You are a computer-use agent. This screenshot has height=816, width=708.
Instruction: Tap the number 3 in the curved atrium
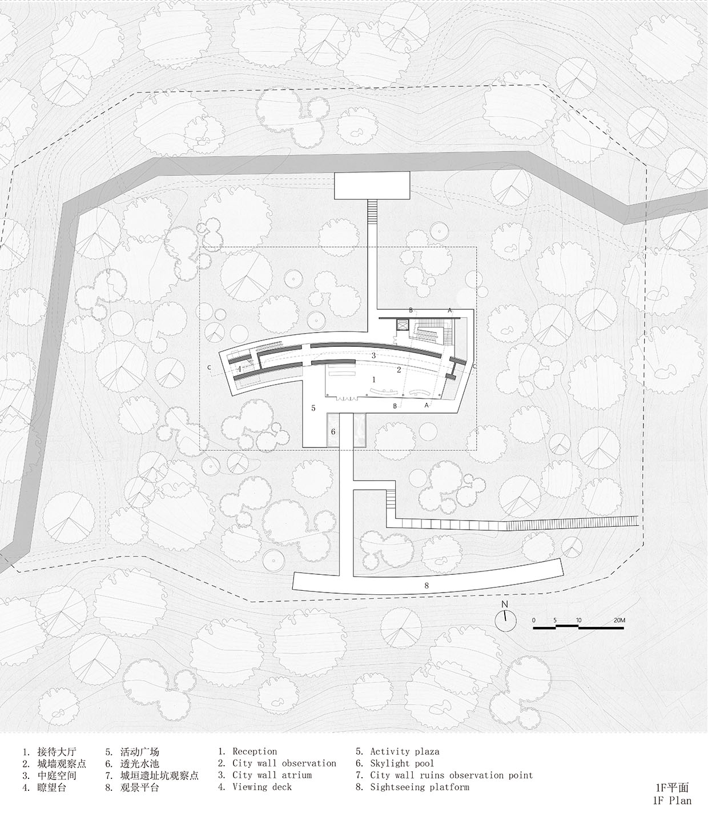[x=373, y=355]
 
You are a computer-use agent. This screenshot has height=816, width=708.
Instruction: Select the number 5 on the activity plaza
[x=313, y=408]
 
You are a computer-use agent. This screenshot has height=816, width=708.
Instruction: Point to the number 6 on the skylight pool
[x=333, y=431]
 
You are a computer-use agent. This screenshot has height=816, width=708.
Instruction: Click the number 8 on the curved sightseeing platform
[x=427, y=586]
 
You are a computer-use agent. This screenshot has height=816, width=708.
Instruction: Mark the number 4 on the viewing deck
[x=239, y=369]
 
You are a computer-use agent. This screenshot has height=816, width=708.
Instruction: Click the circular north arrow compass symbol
[x=505, y=621]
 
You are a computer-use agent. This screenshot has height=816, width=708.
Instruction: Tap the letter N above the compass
[x=505, y=604]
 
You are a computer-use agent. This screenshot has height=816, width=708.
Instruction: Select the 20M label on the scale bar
[x=619, y=620]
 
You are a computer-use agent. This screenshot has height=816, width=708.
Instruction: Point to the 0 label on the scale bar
[x=534, y=620]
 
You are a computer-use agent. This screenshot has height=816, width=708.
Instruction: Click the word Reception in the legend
[x=255, y=751]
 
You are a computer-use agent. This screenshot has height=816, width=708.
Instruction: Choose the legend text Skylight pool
[x=401, y=763]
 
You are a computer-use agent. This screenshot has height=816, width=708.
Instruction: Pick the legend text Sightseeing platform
[x=420, y=787]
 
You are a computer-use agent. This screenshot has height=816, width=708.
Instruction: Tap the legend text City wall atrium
[x=272, y=775]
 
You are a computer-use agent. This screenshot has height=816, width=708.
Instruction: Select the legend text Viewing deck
[x=262, y=787]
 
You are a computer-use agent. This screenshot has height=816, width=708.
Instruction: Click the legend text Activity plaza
[x=405, y=751]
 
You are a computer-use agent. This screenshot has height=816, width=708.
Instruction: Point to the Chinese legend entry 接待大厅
[x=57, y=752]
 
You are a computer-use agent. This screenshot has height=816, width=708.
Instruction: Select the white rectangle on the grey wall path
[x=372, y=186]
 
